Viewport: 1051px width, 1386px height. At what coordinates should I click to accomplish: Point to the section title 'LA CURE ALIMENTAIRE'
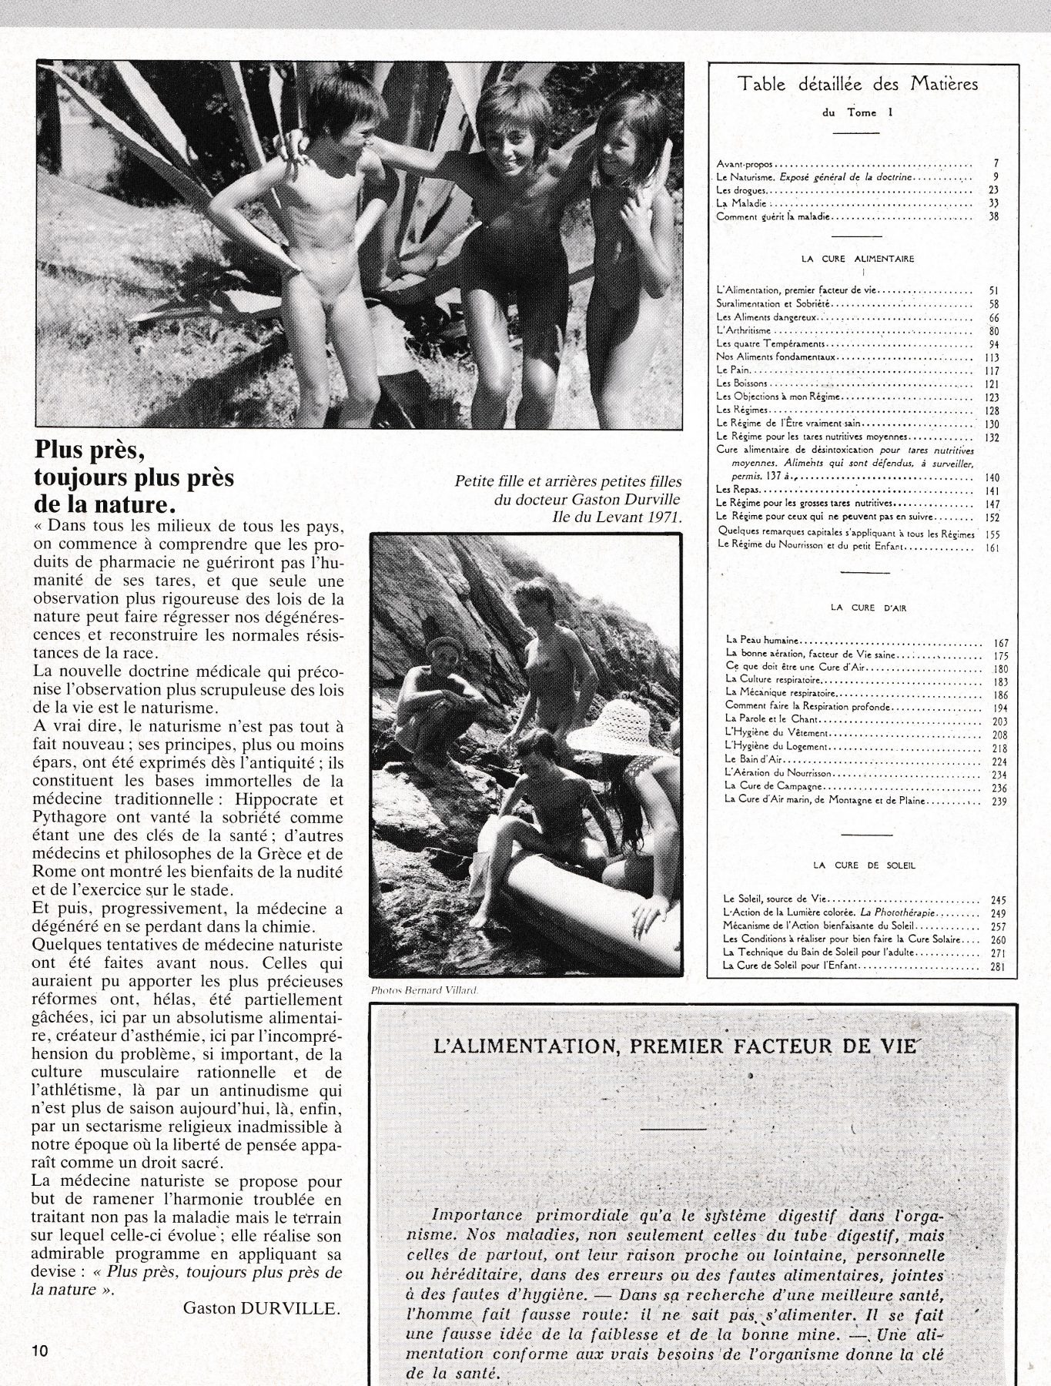(858, 259)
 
